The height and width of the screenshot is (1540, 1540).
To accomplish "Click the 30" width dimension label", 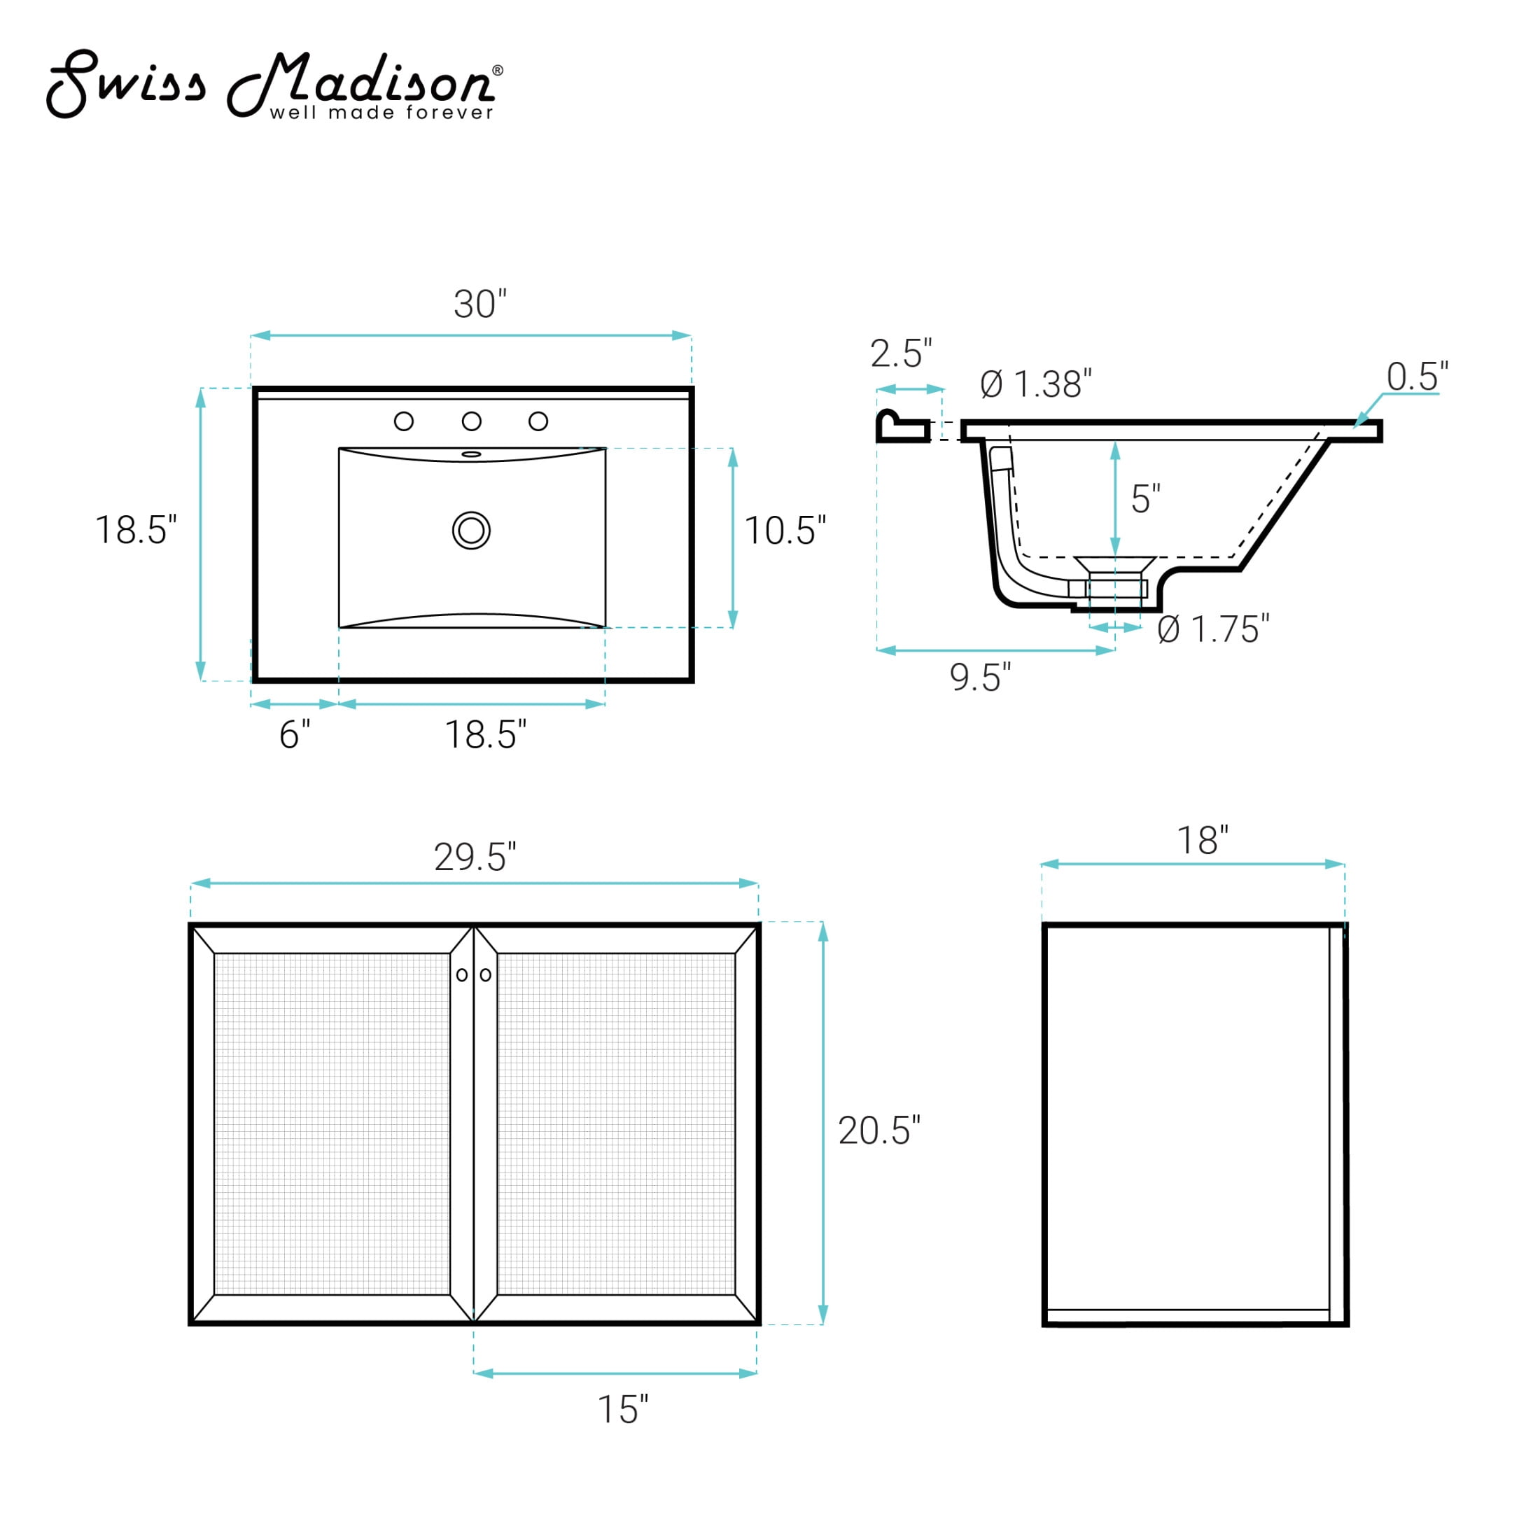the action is [x=480, y=304].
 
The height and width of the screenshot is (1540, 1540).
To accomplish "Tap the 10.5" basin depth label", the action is [x=785, y=531].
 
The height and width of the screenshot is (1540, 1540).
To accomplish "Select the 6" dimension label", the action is [x=294, y=734].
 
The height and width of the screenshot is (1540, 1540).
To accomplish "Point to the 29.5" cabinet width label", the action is [x=475, y=857].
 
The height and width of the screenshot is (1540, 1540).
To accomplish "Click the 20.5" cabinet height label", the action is [x=879, y=1131].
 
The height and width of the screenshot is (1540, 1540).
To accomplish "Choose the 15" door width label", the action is [x=622, y=1409].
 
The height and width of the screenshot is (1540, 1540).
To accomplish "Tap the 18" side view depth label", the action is [x=1203, y=840].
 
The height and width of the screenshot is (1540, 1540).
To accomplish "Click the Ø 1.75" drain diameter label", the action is [x=1213, y=629].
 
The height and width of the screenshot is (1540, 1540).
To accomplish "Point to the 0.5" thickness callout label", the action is [x=1417, y=376].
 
